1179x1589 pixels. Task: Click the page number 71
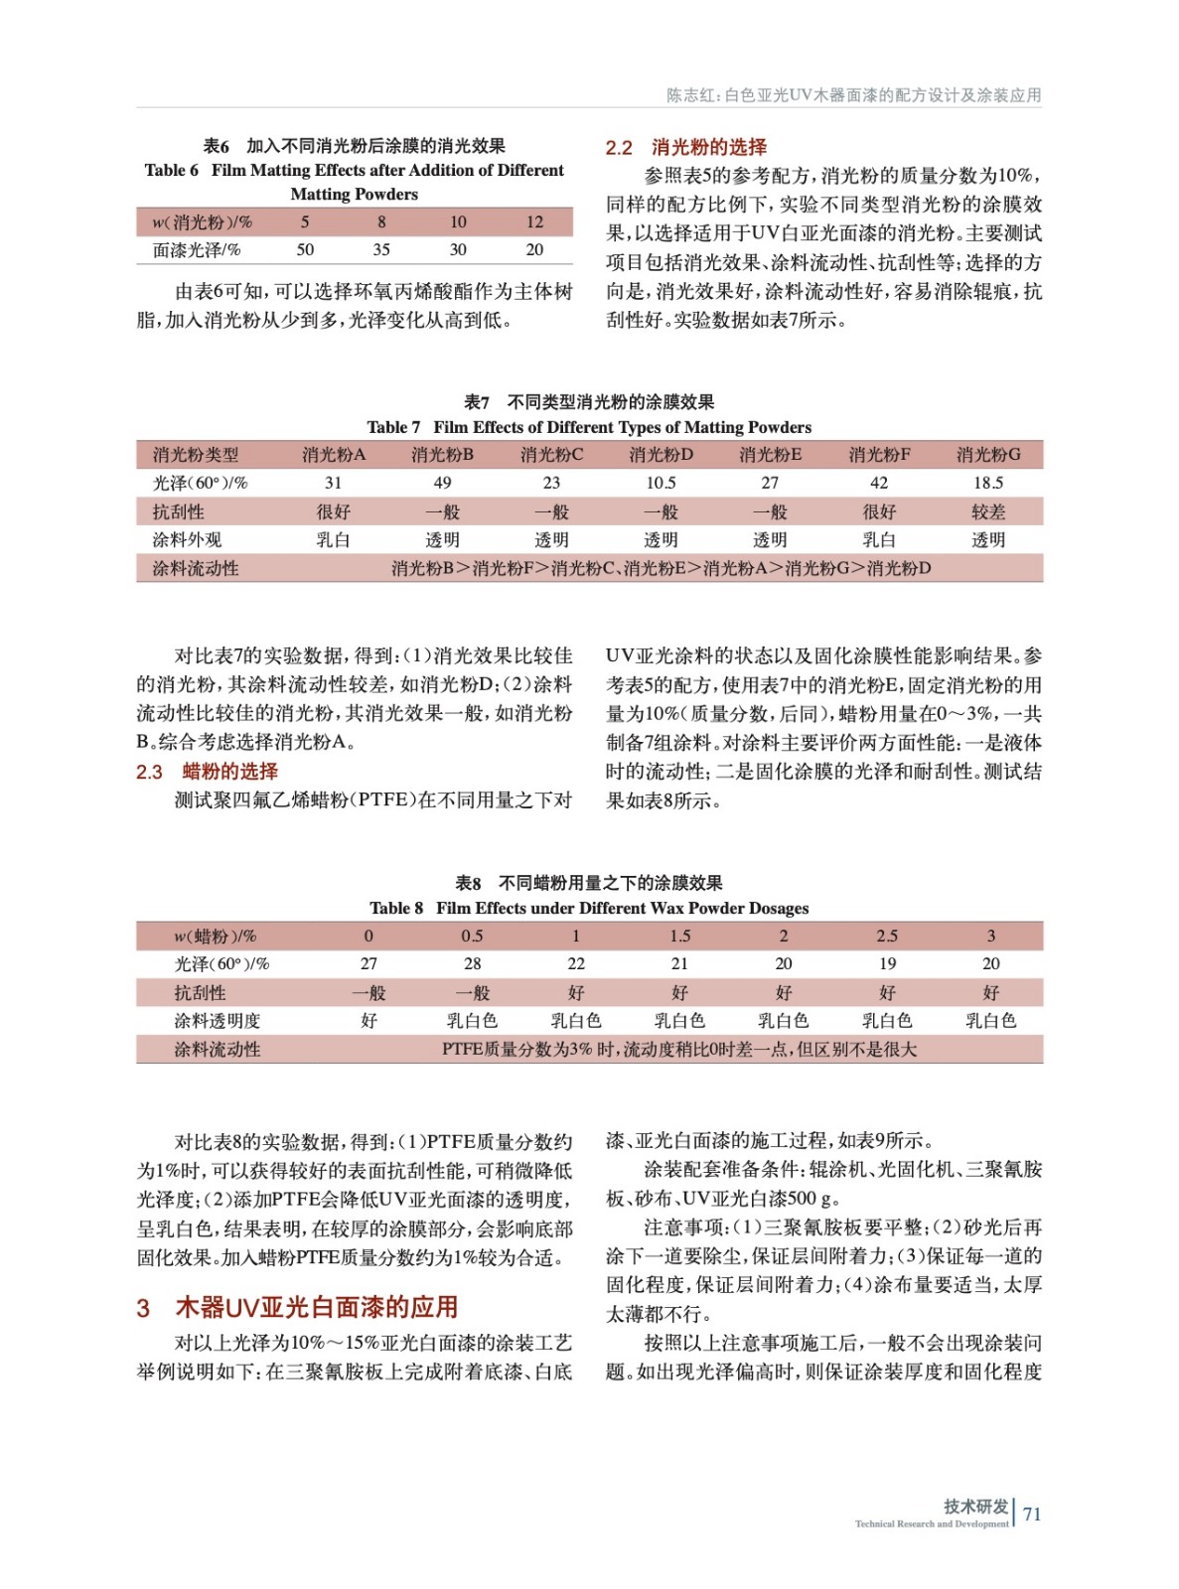[1032, 1514]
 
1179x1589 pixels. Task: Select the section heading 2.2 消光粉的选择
[685, 147]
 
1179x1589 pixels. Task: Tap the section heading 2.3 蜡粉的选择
[207, 772]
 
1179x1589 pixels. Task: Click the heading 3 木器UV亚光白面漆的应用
[297, 1307]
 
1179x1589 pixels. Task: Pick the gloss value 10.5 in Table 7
[661, 483]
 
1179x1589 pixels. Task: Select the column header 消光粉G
[988, 455]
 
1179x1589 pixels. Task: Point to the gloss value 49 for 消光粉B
[442, 483]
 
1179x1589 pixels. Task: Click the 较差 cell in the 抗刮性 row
[988, 511]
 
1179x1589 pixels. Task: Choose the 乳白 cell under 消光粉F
[879, 539]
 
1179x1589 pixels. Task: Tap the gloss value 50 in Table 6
[305, 249]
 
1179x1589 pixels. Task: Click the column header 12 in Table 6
[534, 221]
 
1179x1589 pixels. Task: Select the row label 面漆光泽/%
[197, 249]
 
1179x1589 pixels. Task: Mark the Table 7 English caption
[589, 427]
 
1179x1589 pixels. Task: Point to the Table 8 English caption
[589, 908]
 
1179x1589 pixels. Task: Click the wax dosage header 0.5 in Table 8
[472, 936]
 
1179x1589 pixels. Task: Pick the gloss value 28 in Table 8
[472, 963]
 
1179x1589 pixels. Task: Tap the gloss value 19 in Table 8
[887, 963]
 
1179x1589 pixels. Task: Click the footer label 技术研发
[975, 1506]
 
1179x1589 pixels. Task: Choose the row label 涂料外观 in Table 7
[187, 539]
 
